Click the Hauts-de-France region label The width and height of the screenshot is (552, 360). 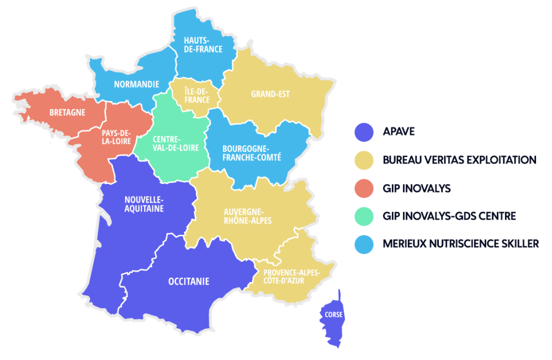[x=203, y=44]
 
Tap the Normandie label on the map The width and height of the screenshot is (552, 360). [x=136, y=84]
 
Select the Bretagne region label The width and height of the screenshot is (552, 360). [x=67, y=112]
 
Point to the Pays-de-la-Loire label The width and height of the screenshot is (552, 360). [x=116, y=137]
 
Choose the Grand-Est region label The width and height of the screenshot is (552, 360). [x=270, y=94]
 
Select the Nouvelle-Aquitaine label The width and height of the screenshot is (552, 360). [x=144, y=204]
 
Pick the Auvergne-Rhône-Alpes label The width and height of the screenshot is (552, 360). [x=248, y=216]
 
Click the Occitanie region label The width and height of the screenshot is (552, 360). [x=189, y=281]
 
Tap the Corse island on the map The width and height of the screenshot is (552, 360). [x=334, y=316]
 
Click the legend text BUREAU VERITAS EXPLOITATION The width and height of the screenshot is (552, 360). [x=459, y=160]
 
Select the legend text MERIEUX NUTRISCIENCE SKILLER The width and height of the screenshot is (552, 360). [x=460, y=243]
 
